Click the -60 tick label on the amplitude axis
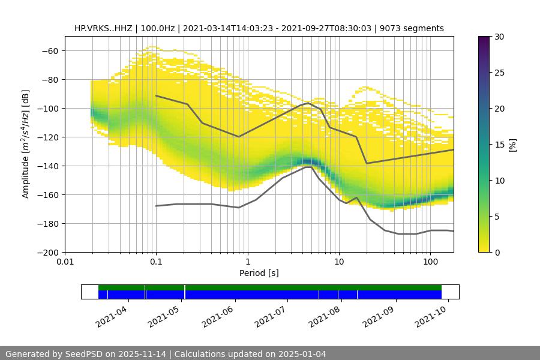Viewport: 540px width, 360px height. tap(49, 51)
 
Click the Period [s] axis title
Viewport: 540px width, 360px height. tap(259, 274)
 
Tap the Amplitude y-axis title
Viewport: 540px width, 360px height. tap(26, 144)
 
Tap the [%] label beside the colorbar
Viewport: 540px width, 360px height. tap(512, 144)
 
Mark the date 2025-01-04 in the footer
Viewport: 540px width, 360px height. tap(302, 354)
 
